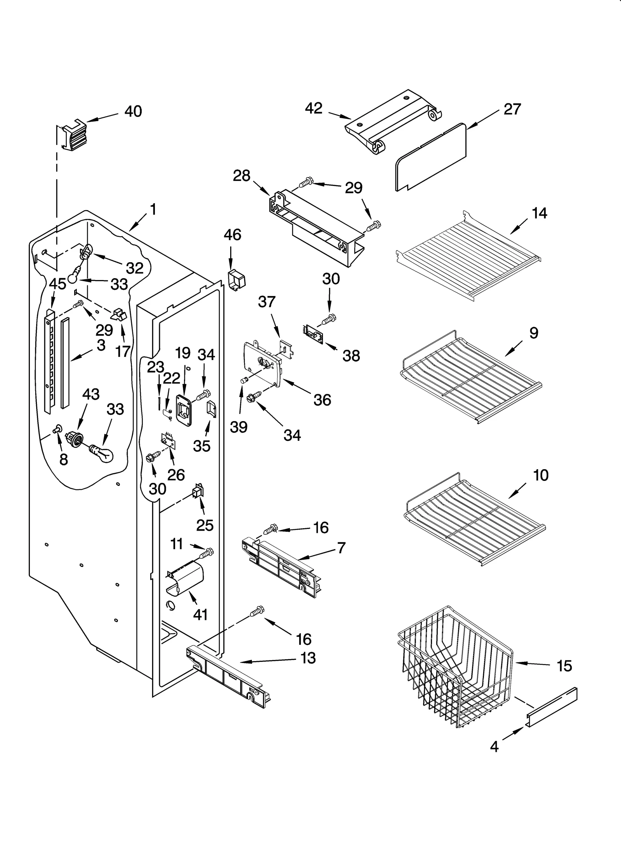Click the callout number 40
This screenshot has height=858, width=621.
pos(133,111)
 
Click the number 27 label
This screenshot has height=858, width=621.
pos(512,109)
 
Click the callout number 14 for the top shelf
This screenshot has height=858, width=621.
pos(539,213)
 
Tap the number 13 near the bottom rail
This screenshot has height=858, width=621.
pos(308,658)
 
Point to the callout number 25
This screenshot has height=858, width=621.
pos(205,526)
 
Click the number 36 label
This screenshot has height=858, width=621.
pos(322,400)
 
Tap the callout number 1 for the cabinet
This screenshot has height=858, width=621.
pos(153,210)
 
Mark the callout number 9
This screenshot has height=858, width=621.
pos(534,333)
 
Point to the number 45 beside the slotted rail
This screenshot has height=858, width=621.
pos(57,284)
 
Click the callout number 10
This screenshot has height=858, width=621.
pos(541,475)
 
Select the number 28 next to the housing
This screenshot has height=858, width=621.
pos(241,176)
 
